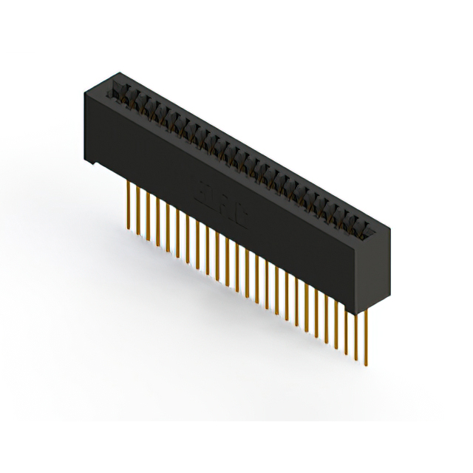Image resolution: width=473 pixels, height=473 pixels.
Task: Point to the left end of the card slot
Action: [115, 89]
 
